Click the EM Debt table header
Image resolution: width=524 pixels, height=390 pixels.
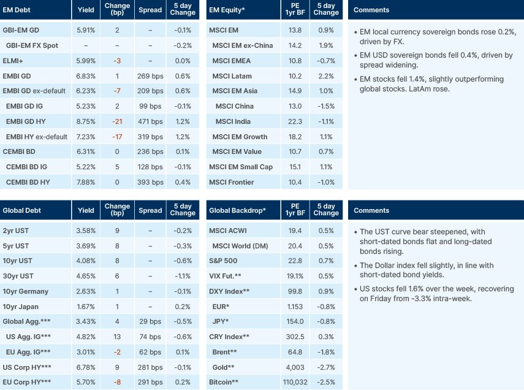tap(17, 10)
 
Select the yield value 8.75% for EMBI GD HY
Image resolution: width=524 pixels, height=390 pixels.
tap(86, 121)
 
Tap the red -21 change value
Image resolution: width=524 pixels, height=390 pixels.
tap(117, 121)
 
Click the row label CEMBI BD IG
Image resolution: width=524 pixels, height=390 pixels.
tap(28, 167)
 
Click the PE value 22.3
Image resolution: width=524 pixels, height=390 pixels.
tap(295, 121)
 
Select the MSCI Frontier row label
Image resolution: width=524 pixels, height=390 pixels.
tap(233, 182)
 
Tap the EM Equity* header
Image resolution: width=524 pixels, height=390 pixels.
tap(227, 10)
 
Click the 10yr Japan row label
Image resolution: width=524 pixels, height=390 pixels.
tap(20, 307)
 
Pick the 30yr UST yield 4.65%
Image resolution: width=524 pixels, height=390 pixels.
tap(86, 277)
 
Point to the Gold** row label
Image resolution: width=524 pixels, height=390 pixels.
tap(223, 367)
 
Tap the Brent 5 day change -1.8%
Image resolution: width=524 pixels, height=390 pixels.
tap(326, 352)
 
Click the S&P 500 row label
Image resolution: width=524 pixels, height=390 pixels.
tap(224, 261)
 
